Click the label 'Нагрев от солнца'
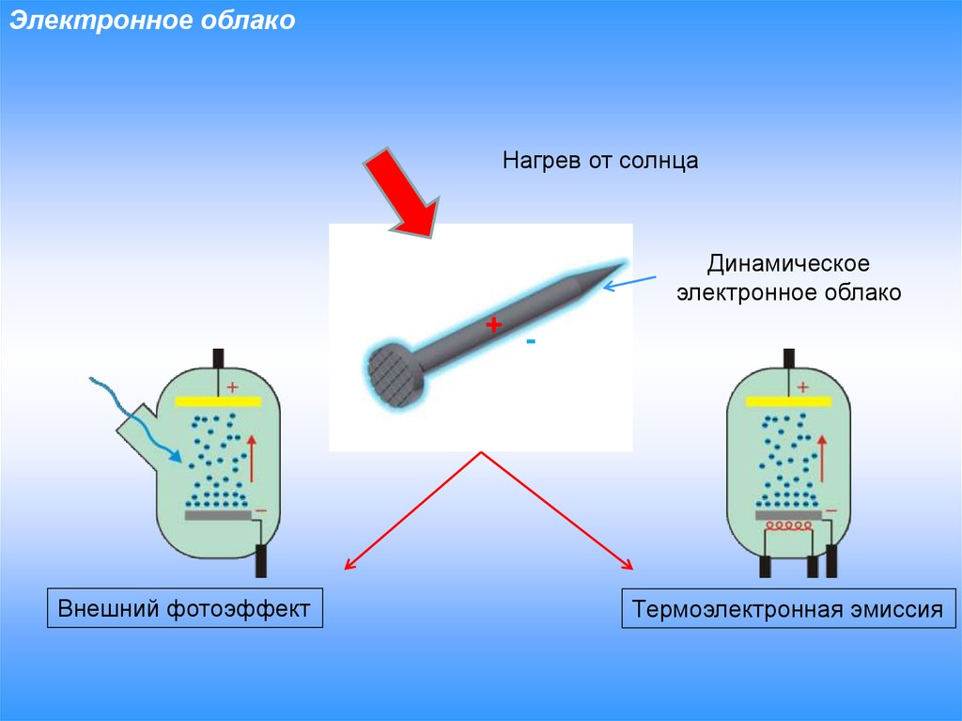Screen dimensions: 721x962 coord(600,161)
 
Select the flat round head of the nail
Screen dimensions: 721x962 coord(396,374)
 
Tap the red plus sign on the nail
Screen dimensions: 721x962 coord(494,325)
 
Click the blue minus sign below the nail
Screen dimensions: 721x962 coord(531,342)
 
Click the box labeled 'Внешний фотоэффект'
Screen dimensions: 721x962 coord(184,608)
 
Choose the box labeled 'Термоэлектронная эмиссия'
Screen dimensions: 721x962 coord(787,609)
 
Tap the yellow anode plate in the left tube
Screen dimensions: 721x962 coord(218,401)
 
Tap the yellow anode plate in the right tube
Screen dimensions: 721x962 coord(789,400)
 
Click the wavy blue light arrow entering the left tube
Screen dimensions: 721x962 coord(132,414)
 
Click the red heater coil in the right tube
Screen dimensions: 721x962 coord(789,527)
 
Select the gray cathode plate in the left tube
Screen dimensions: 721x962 coord(218,515)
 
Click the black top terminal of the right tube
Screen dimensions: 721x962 coord(789,358)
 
